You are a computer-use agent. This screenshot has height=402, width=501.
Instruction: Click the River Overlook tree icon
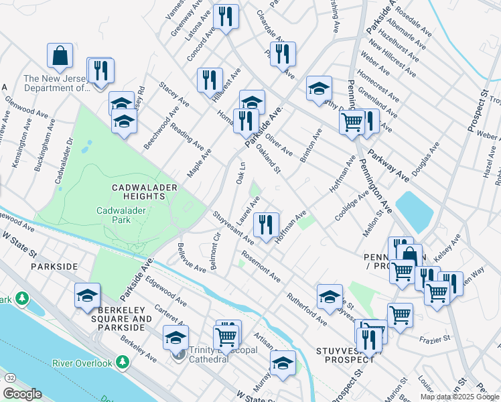coord(123,362)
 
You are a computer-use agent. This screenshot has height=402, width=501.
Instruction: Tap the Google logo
coord(22,394)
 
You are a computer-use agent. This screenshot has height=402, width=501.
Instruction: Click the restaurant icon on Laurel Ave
coord(266,225)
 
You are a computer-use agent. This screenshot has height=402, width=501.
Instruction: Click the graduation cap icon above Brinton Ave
coord(319,88)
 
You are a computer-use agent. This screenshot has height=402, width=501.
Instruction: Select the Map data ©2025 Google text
coord(459,397)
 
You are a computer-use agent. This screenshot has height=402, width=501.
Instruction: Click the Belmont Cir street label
coord(215,253)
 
